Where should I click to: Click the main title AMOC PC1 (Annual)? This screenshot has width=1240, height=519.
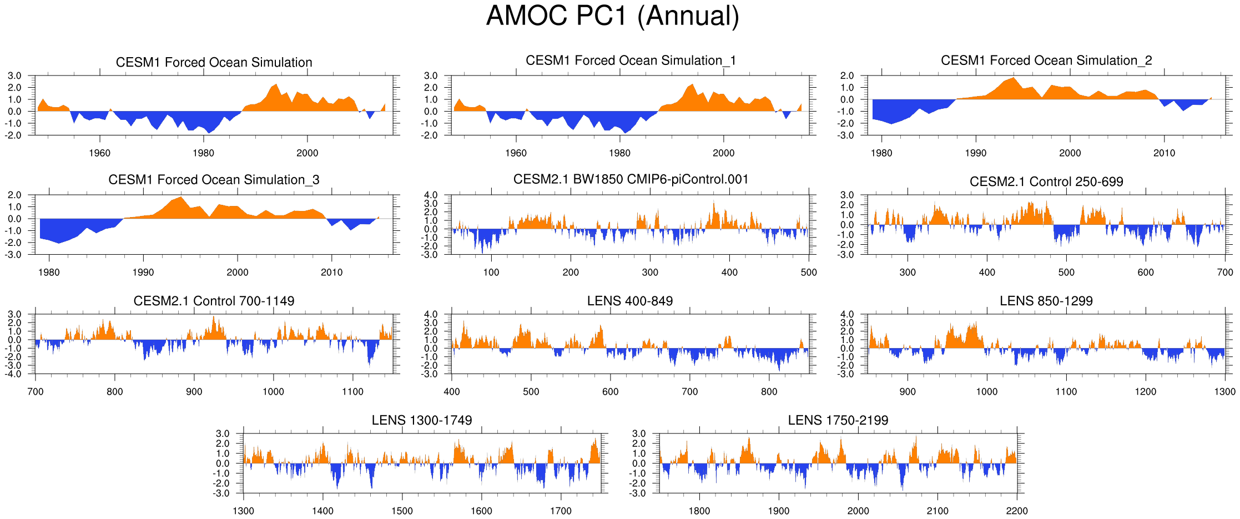pyautogui.click(x=613, y=16)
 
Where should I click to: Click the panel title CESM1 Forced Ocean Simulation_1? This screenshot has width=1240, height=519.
pyautogui.click(x=631, y=61)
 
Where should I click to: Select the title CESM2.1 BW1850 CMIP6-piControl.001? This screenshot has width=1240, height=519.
pyautogui.click(x=631, y=179)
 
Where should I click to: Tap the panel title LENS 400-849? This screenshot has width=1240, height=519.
pyautogui.click(x=630, y=301)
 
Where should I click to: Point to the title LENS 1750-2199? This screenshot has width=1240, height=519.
pyautogui.click(x=838, y=420)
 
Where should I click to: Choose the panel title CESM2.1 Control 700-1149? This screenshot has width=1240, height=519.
pyautogui.click(x=214, y=301)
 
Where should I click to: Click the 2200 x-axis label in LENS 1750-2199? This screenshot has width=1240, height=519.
pyautogui.click(x=1017, y=511)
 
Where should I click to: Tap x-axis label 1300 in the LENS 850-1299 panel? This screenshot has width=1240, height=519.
pyautogui.click(x=1224, y=391)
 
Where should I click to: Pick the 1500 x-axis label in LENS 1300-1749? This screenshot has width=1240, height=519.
pyautogui.click(x=402, y=511)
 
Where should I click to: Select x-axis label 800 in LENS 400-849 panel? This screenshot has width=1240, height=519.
pyautogui.click(x=769, y=391)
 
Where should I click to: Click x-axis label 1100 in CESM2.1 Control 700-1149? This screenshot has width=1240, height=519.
pyautogui.click(x=352, y=391)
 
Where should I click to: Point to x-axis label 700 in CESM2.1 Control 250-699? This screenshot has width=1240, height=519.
pyautogui.click(x=1224, y=272)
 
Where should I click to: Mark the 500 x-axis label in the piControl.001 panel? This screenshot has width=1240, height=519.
pyautogui.click(x=809, y=272)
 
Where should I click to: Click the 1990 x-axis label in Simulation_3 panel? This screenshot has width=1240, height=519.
pyautogui.click(x=143, y=272)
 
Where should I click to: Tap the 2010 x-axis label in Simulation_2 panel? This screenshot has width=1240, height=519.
pyautogui.click(x=1164, y=153)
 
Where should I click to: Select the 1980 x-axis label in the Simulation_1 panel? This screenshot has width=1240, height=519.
pyautogui.click(x=619, y=153)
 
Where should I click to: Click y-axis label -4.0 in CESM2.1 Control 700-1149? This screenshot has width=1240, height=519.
pyautogui.click(x=14, y=374)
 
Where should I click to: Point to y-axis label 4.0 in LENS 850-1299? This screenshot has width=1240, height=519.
pyautogui.click(x=847, y=314)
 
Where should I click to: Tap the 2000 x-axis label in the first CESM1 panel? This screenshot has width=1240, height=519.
pyautogui.click(x=307, y=153)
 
